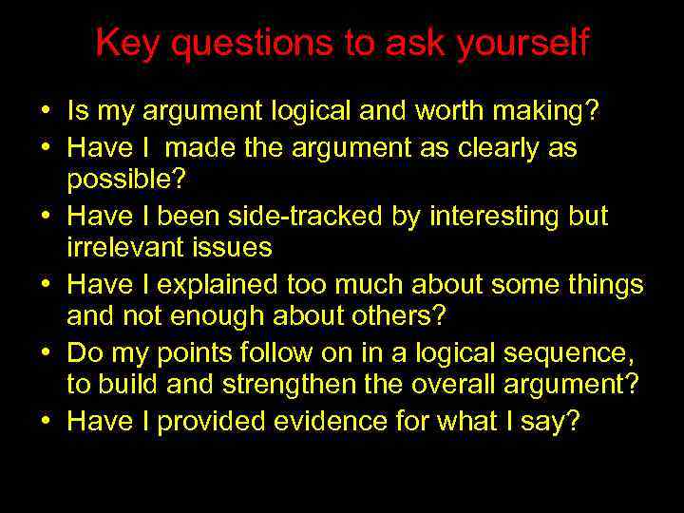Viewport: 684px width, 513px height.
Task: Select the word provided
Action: [x=204, y=421]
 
